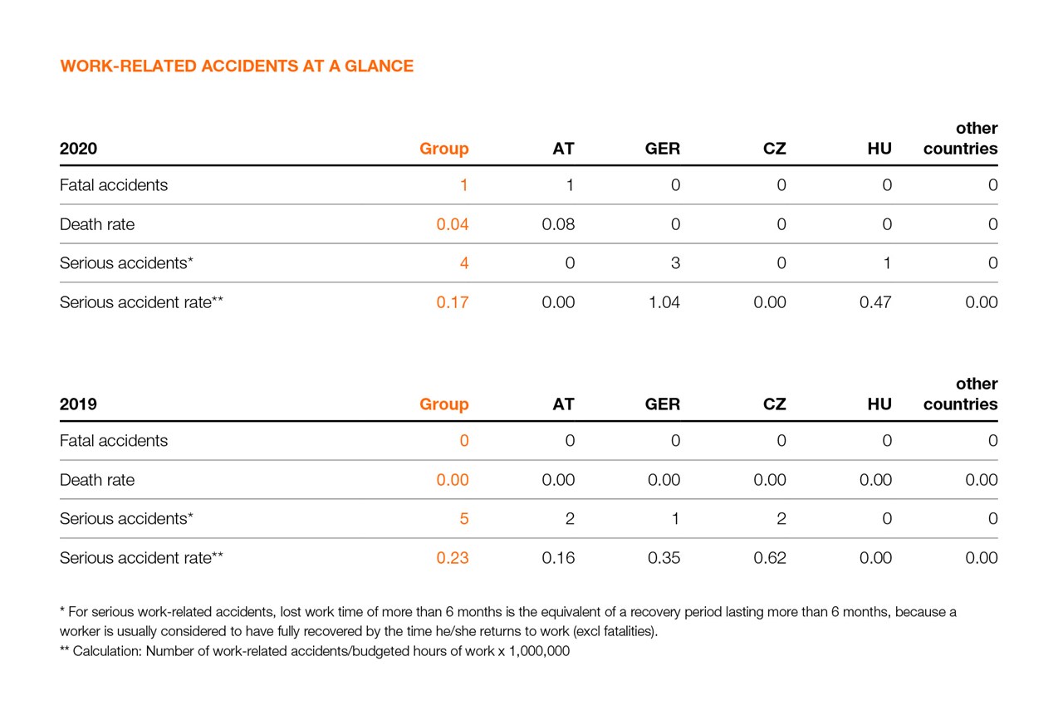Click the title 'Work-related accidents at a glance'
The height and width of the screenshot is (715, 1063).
click(237, 66)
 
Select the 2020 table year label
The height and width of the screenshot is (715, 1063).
click(78, 149)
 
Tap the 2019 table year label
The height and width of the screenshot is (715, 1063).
click(78, 405)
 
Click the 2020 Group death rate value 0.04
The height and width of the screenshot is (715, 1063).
click(453, 224)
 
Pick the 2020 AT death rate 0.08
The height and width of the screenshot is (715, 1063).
click(558, 224)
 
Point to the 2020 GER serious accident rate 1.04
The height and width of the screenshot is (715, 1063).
click(664, 302)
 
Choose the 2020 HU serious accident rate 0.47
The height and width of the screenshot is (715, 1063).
click(875, 302)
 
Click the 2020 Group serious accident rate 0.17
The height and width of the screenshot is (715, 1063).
click(453, 302)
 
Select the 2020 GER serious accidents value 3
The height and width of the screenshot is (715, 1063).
click(675, 263)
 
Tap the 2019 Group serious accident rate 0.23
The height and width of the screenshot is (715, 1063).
click(453, 558)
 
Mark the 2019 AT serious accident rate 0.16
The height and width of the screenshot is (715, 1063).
click(558, 558)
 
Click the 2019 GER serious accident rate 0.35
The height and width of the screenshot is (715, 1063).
click(664, 558)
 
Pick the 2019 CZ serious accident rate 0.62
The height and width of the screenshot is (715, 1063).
click(770, 558)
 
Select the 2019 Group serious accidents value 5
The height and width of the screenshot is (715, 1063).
click(464, 519)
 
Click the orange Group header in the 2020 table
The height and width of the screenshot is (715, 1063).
click(444, 149)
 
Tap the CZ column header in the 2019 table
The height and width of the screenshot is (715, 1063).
click(774, 405)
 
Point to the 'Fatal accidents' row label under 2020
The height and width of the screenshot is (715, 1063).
click(114, 185)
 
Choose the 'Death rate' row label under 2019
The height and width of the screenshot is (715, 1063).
click(97, 480)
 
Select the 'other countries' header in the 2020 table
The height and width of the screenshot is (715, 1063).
click(961, 140)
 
